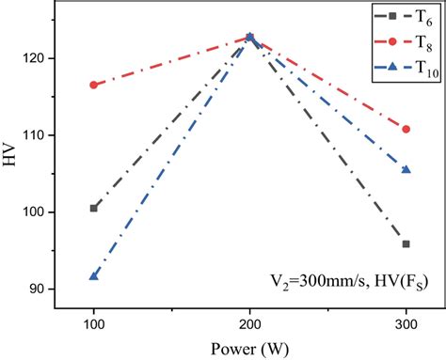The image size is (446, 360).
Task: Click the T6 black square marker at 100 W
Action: (94, 208)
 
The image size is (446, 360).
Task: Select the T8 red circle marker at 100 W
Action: (94, 85)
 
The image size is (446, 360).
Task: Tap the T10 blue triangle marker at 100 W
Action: (94, 275)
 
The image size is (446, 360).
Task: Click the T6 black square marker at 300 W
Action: (406, 243)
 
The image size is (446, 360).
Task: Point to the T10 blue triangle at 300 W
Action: (406, 169)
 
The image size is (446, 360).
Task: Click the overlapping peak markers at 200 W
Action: (250, 38)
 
